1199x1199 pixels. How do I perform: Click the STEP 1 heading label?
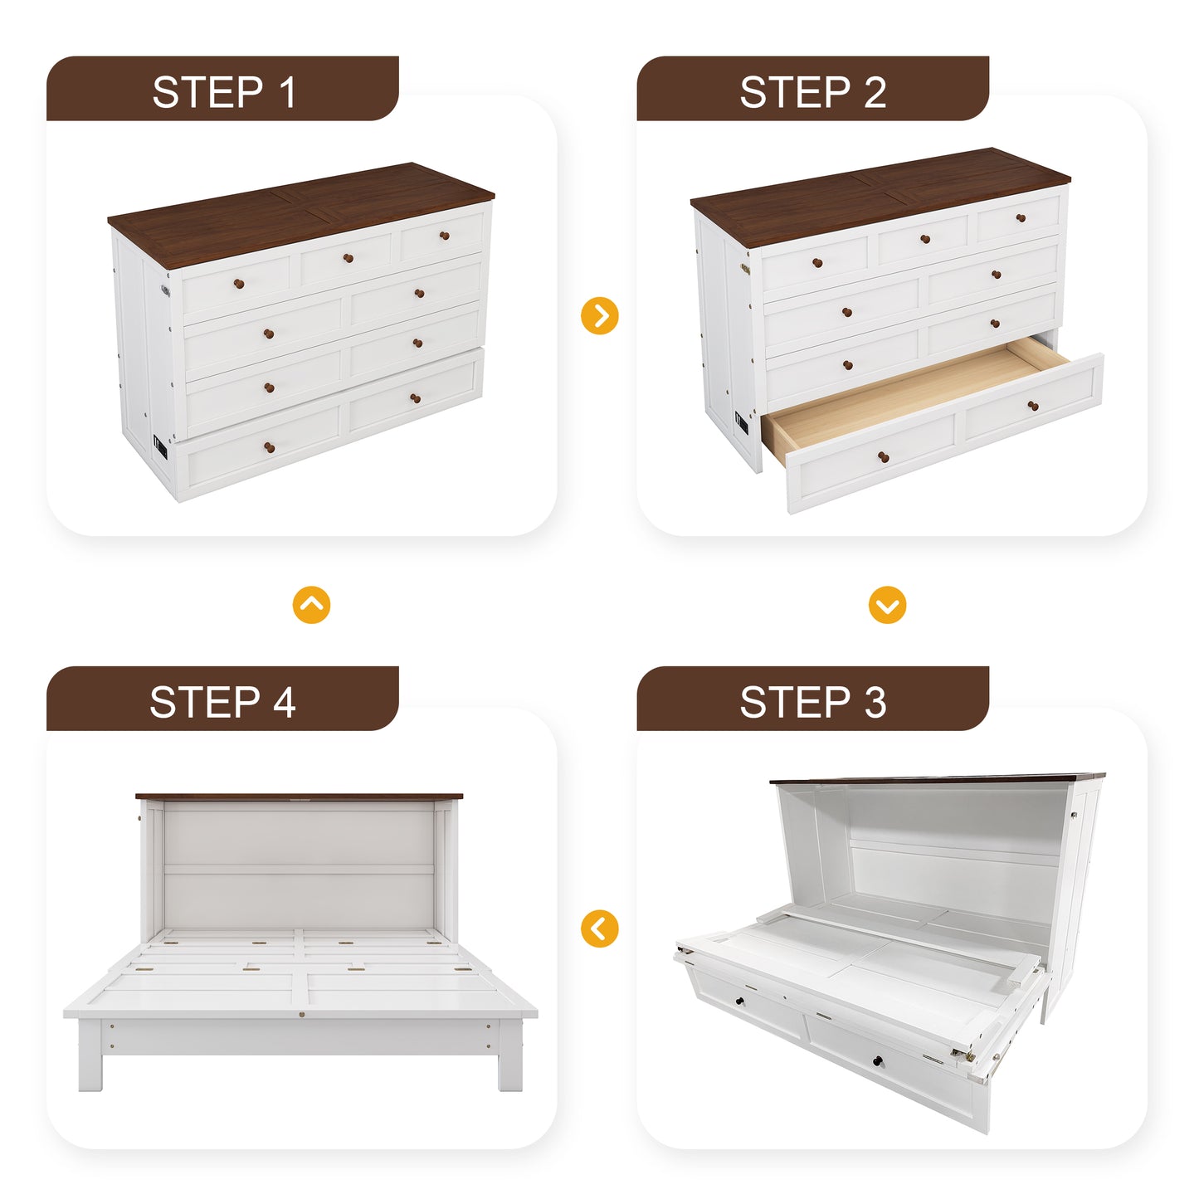pos(223,92)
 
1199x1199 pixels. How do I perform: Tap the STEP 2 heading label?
pos(812,92)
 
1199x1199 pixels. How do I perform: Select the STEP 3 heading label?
pos(812,702)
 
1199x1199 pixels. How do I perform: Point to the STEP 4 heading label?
pos(222,702)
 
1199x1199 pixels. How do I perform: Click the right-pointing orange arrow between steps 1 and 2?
pos(600,315)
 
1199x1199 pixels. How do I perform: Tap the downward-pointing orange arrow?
pos(887,605)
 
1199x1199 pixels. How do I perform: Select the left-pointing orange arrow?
pos(600,928)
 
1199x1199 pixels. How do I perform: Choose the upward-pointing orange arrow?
pos(311,605)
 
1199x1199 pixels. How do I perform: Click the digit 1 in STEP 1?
pos(287,92)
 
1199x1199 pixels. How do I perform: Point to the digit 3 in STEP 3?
pos(875,702)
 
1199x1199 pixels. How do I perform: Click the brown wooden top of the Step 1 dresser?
pos(299,207)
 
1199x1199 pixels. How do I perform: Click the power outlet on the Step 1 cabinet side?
pos(160,449)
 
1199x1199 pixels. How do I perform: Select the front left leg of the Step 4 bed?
pos(90,1066)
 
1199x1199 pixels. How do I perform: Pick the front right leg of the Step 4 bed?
pos(510,1066)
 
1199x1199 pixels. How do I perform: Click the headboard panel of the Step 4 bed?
pos(299,863)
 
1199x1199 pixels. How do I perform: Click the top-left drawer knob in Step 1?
pos(239,284)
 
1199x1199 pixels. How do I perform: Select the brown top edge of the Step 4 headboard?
pos(299,797)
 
